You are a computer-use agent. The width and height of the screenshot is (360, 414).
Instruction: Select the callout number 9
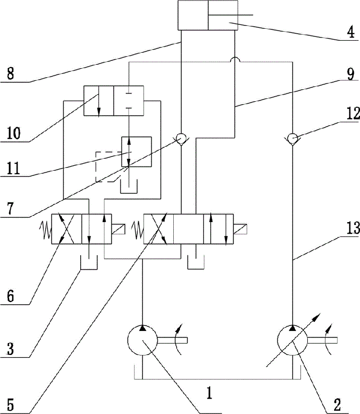[x=349, y=74]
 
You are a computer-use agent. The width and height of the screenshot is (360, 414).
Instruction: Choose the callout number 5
[x=10, y=403]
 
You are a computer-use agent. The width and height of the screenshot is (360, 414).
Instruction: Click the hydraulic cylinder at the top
[x=208, y=16]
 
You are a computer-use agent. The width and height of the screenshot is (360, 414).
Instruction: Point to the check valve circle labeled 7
[x=181, y=139]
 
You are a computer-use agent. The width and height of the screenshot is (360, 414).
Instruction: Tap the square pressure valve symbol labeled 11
[x=136, y=152]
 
